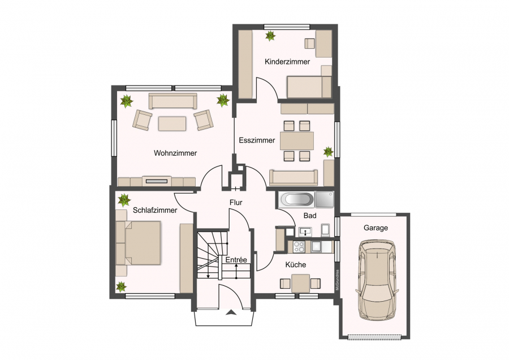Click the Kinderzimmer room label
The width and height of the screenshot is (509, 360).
click(x=287, y=61)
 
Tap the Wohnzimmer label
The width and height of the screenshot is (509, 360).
click(x=175, y=153)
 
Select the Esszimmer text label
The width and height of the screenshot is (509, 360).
click(x=257, y=140)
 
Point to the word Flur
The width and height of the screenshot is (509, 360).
click(x=236, y=203)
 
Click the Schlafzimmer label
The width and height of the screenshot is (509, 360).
click(x=155, y=210)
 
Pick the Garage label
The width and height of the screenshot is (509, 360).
click(x=376, y=228)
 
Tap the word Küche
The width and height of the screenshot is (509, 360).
click(x=296, y=265)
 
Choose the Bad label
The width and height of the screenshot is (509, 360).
click(x=310, y=216)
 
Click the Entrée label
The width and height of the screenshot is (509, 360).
click(x=236, y=260)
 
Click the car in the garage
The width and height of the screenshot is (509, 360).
click(x=377, y=280)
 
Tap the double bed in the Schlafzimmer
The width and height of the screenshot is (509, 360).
click(x=139, y=243)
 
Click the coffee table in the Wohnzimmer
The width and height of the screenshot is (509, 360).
click(x=172, y=123)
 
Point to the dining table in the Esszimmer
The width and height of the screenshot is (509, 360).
click(x=297, y=141)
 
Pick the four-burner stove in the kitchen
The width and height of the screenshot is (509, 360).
click(x=299, y=247)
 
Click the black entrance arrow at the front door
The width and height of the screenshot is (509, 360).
click(x=231, y=312)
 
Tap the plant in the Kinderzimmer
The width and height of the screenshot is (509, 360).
click(x=270, y=36)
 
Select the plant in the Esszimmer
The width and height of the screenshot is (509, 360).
click(x=328, y=151)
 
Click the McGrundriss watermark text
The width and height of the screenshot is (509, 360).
click(x=337, y=280)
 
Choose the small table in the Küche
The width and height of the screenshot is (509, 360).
click(x=301, y=284)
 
